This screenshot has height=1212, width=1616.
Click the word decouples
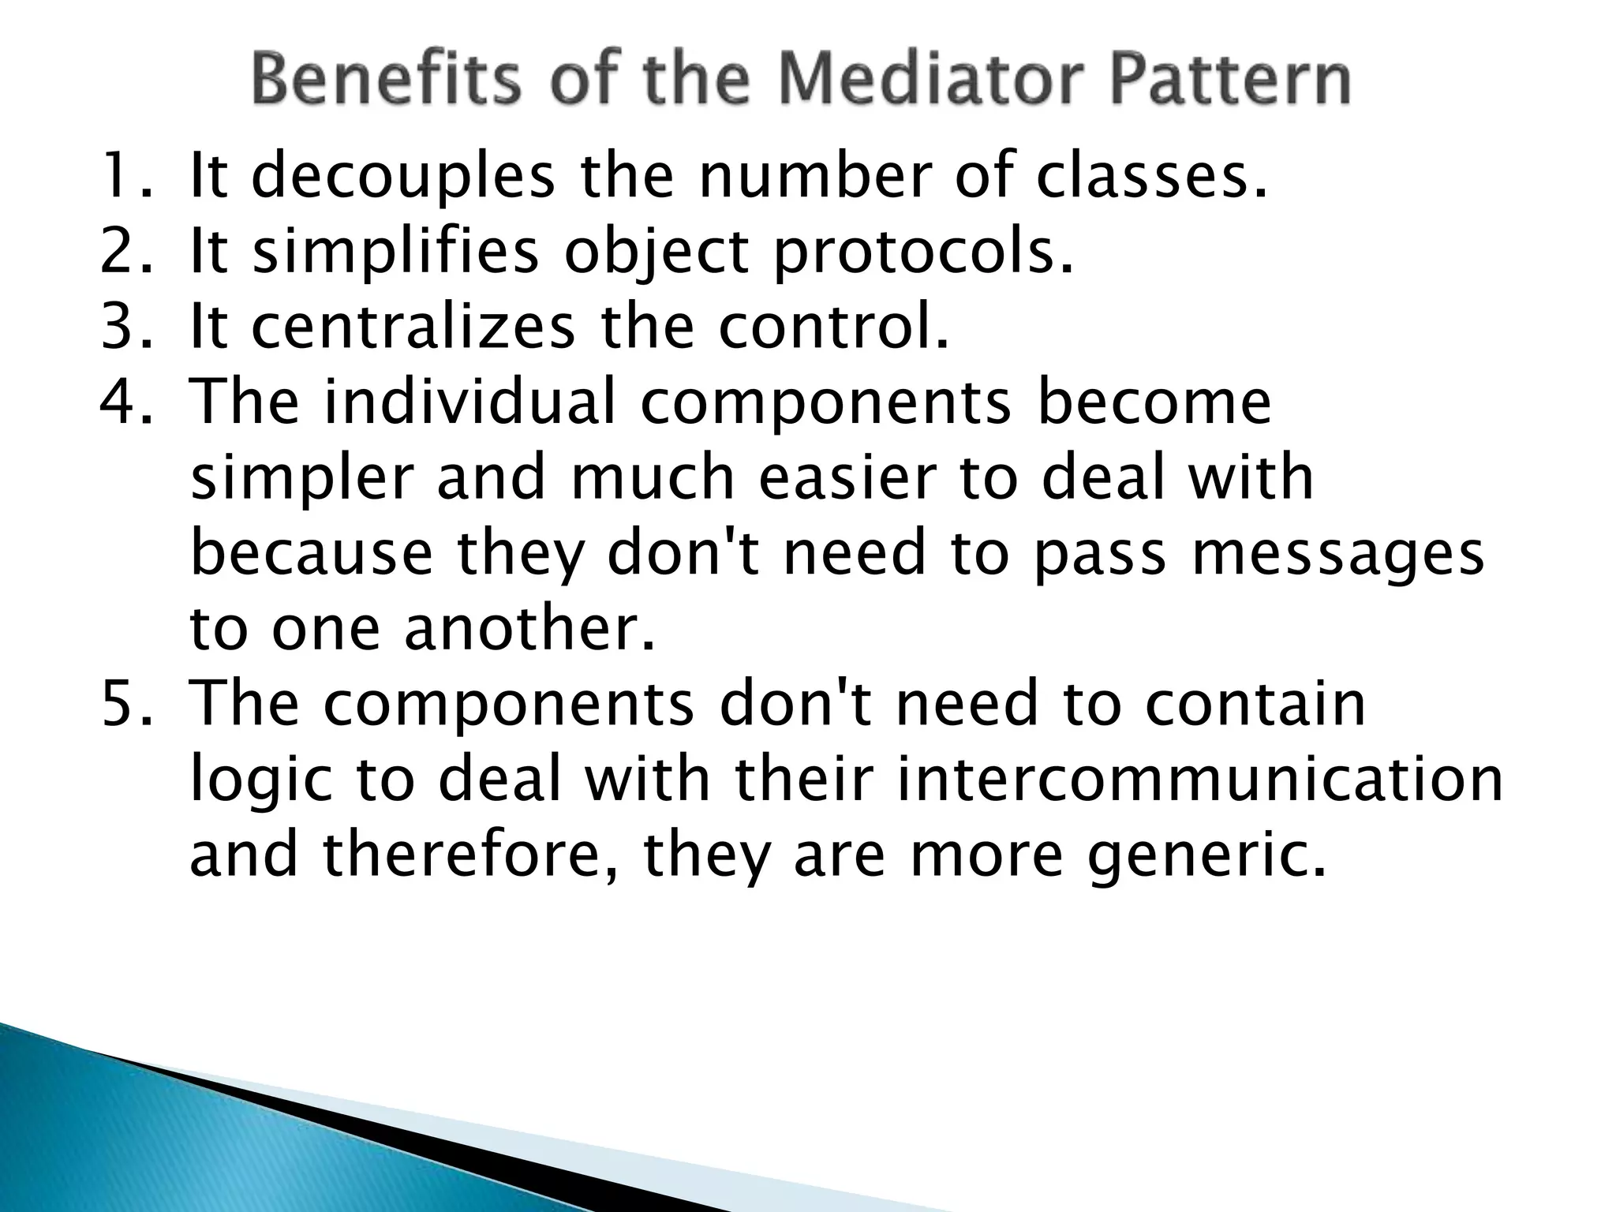tap(403, 178)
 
